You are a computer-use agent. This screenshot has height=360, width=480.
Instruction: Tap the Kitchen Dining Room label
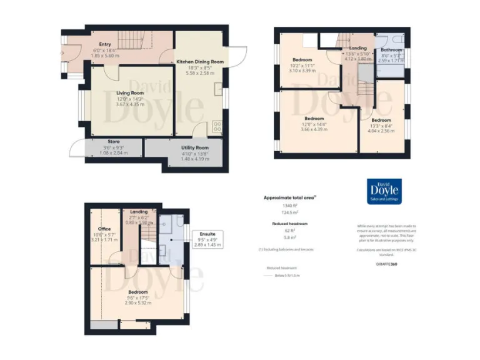(x=200, y=62)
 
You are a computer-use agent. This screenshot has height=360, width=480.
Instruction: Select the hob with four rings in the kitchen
(x=217, y=126)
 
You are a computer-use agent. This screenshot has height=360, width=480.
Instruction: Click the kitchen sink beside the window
(x=219, y=89)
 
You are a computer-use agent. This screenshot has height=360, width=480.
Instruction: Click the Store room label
(x=113, y=142)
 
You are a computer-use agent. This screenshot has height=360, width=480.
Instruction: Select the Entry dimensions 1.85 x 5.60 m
(x=105, y=55)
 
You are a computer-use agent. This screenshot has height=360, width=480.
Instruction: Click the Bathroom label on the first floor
(x=391, y=49)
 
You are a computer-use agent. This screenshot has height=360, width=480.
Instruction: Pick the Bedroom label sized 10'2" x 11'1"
(x=302, y=59)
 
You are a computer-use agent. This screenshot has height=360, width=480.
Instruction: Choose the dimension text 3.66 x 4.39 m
(x=314, y=129)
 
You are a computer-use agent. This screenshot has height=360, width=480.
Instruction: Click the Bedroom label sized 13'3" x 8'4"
(x=380, y=120)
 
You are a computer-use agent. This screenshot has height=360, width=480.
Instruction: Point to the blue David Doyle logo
(x=384, y=192)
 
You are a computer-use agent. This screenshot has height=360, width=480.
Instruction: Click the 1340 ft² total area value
(x=288, y=206)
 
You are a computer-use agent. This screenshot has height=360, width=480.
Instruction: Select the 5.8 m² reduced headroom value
(x=288, y=238)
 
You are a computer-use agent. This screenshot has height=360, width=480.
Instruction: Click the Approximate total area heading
(x=289, y=197)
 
